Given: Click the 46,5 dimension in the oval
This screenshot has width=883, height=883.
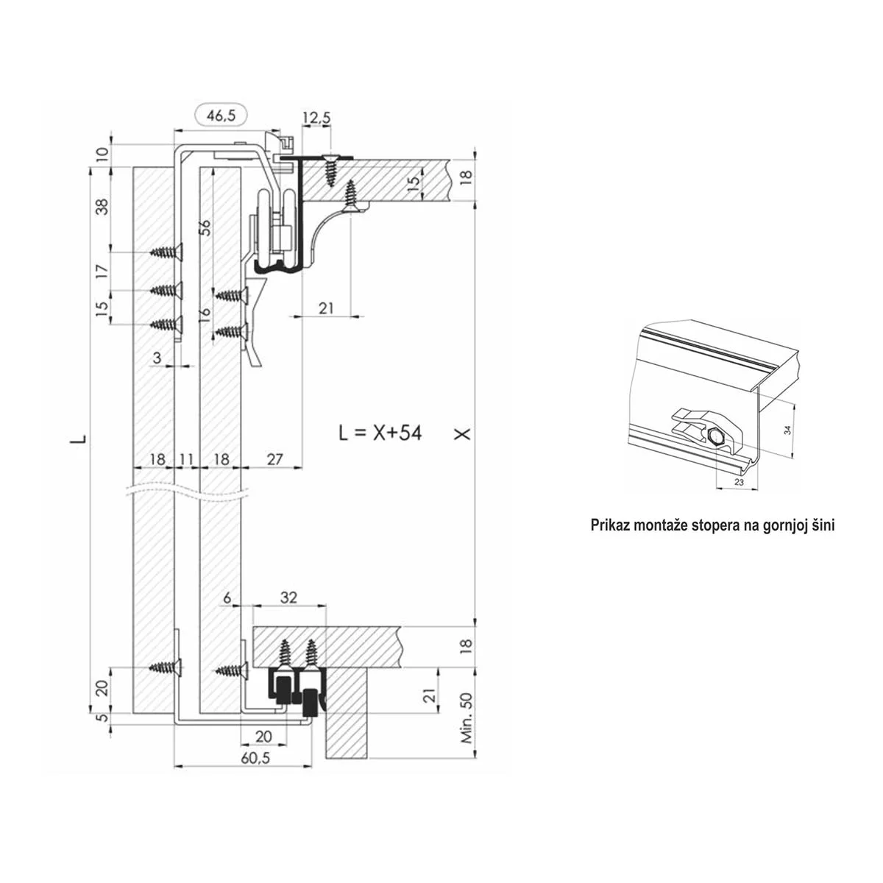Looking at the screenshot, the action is [x=221, y=116].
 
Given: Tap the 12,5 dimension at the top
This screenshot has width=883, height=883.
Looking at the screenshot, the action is [x=316, y=118].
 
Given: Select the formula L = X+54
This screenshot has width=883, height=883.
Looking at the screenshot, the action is [x=380, y=433].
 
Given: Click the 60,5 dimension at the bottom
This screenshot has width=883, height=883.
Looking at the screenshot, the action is [x=255, y=759].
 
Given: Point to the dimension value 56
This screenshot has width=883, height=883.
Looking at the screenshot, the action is [x=206, y=227].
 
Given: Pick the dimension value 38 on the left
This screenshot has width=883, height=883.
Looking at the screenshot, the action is [x=103, y=207].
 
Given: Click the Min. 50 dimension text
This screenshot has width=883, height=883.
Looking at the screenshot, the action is [x=467, y=717].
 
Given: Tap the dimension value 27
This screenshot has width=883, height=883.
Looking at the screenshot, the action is [x=275, y=459].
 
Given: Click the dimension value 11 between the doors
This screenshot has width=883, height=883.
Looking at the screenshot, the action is [x=186, y=459].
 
